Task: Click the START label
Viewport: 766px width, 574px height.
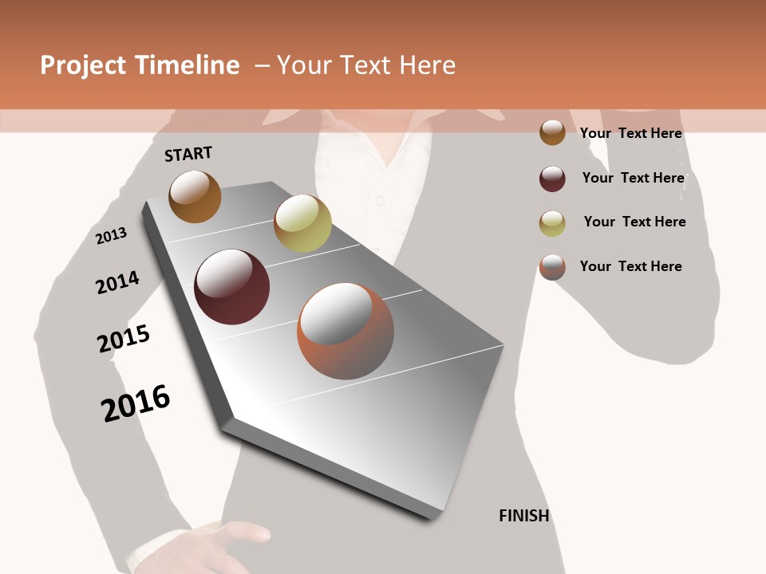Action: click(188, 154)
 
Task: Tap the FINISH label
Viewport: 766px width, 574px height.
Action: click(524, 516)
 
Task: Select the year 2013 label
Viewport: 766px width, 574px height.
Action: click(112, 236)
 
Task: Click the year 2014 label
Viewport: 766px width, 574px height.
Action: click(117, 283)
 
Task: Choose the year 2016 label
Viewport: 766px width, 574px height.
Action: click(136, 403)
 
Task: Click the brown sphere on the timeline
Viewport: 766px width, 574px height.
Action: click(195, 196)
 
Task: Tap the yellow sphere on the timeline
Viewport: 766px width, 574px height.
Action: click(302, 222)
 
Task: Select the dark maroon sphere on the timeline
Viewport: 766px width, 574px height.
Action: click(232, 287)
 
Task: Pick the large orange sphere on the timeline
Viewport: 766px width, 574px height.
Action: click(345, 331)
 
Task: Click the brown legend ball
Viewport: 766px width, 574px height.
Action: click(552, 133)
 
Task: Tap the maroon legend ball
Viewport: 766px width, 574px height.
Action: click(552, 179)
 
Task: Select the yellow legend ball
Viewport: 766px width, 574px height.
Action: click(552, 223)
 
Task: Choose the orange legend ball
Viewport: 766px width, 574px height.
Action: click(552, 267)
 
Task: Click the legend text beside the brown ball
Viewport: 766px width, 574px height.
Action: click(630, 133)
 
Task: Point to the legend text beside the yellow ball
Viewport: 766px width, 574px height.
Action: click(634, 222)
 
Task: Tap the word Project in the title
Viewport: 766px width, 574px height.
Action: click(83, 65)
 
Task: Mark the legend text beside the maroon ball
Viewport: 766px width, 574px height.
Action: click(633, 178)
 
